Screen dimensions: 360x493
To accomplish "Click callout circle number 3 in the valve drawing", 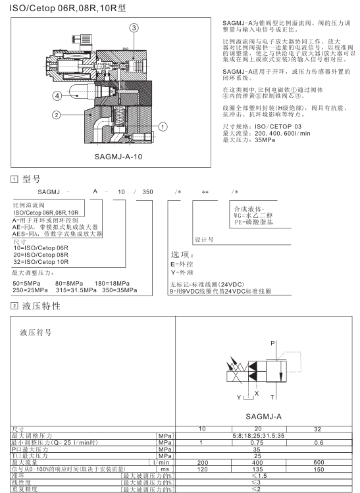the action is [x=134, y=28].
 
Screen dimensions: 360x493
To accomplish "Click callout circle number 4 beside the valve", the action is [x=57, y=95].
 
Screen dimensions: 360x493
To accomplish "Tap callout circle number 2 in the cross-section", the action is [x=57, y=115].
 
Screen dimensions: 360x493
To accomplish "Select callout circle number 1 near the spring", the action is [x=163, y=127].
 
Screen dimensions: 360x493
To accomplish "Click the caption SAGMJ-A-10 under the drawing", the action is [x=118, y=157].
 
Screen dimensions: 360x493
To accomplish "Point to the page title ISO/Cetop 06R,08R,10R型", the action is [x=68, y=8].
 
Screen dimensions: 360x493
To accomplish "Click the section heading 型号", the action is [x=32, y=179].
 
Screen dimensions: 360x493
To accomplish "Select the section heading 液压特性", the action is [x=41, y=306].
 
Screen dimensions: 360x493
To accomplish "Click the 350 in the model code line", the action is [x=147, y=192].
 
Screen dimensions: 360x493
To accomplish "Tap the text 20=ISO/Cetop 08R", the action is [x=41, y=255].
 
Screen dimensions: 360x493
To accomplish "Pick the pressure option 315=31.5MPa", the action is [x=76, y=290].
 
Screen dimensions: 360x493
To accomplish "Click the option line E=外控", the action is [x=182, y=264].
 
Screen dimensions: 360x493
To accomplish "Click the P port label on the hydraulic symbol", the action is [x=272, y=344].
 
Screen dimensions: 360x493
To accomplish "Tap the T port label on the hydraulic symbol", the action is [x=272, y=397].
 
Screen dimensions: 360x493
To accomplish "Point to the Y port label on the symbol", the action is [x=239, y=397].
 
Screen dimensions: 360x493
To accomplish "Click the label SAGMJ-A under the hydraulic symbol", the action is [x=263, y=417].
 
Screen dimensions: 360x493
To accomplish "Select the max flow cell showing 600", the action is [x=319, y=462].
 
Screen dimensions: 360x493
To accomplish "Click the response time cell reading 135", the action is [x=257, y=469].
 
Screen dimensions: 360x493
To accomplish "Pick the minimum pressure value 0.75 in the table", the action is [x=257, y=442].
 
